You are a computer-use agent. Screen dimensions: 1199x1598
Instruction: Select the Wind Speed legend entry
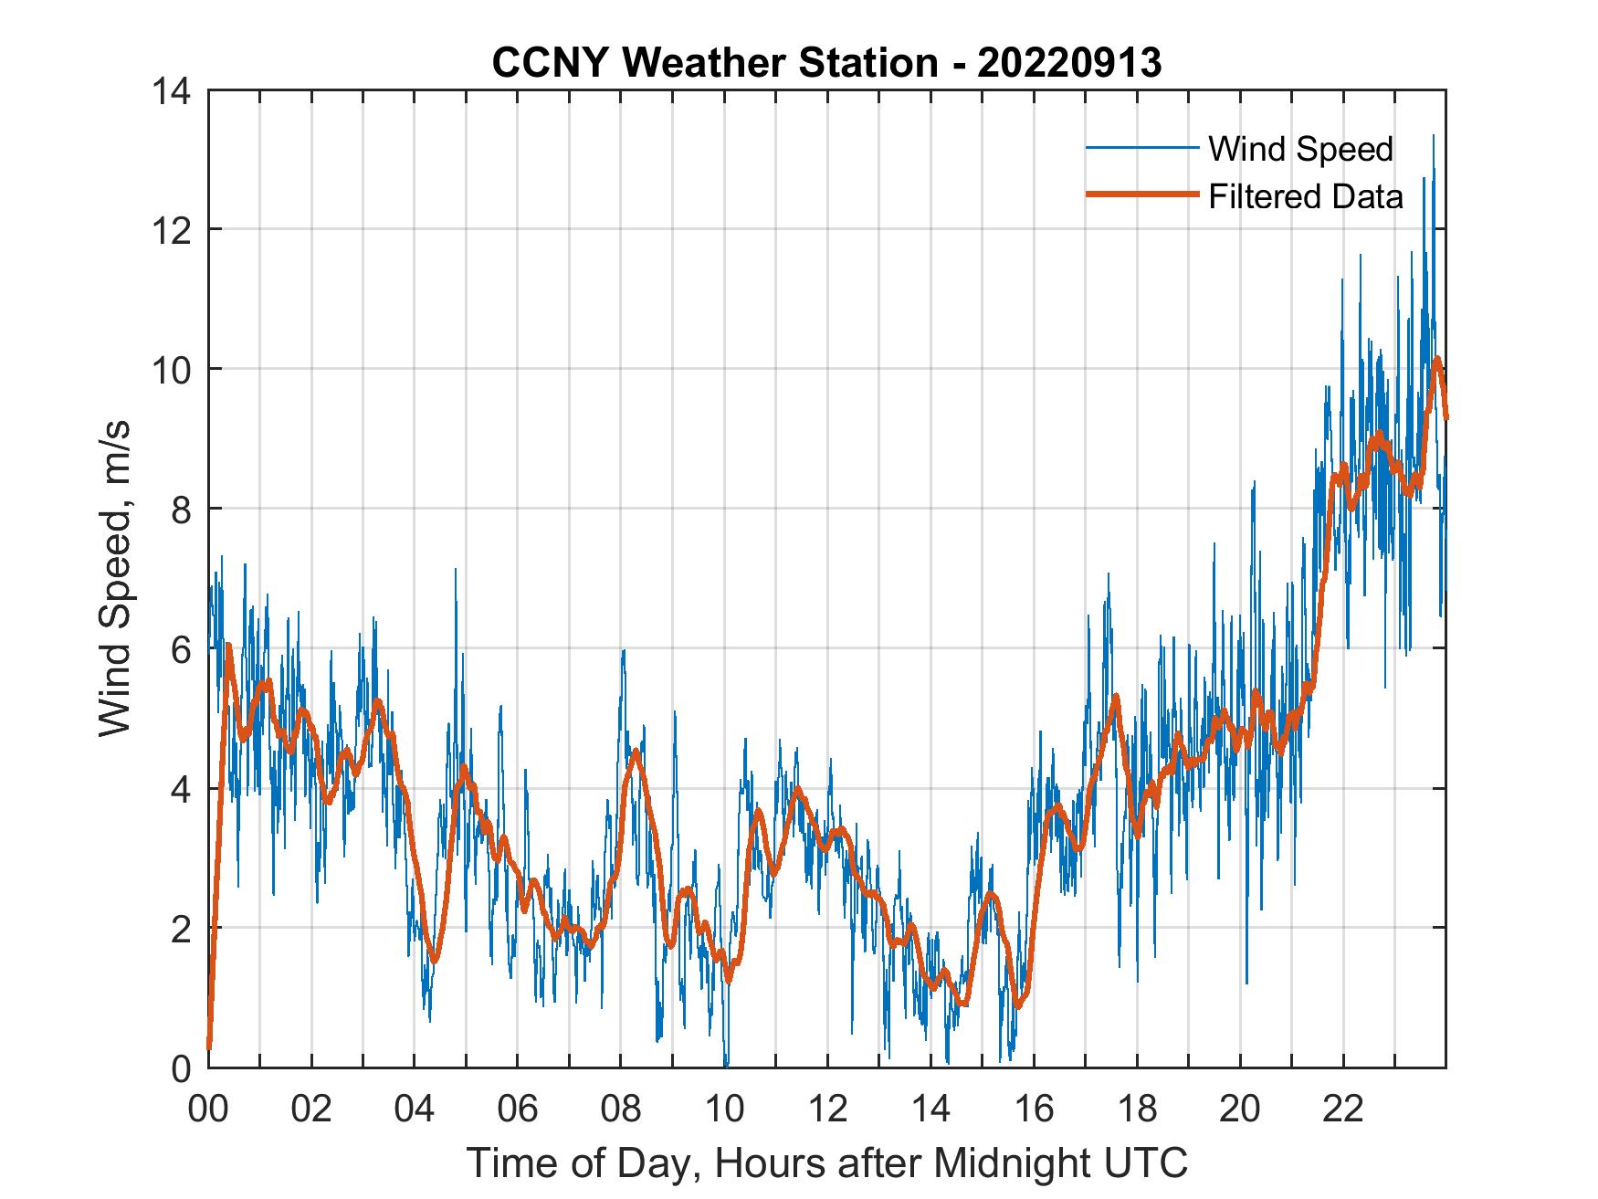[1300, 149]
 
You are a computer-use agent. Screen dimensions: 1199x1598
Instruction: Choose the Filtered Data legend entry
[1305, 196]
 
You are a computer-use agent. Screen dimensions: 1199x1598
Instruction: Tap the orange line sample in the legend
[1141, 195]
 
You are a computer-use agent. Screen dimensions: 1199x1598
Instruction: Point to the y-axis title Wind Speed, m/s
[115, 578]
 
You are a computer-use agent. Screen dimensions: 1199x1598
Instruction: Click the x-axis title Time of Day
[827, 1162]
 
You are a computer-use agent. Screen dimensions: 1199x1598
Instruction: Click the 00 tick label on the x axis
[208, 1109]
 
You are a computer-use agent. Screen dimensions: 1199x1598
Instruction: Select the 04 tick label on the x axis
[415, 1109]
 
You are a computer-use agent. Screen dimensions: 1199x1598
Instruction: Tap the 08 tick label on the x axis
[621, 1109]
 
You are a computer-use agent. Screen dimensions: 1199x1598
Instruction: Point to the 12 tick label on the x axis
[827, 1109]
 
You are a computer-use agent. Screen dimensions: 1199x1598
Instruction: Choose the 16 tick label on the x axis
[1034, 1109]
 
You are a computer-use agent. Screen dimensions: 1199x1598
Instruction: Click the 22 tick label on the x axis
[1343, 1109]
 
